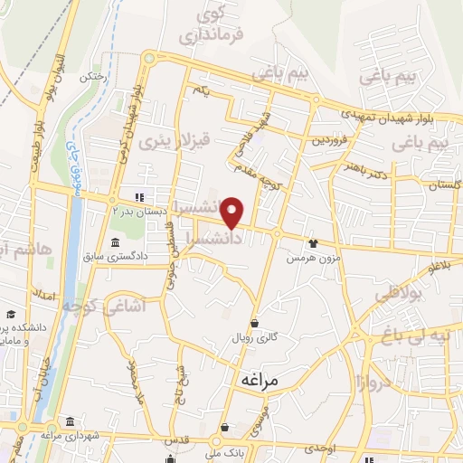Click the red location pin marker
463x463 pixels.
(233, 213)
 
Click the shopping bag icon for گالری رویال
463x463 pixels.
(254, 322)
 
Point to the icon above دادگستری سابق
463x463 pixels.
(116, 242)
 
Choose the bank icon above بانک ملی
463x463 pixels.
(223, 427)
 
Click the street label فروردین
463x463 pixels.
(330, 140)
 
